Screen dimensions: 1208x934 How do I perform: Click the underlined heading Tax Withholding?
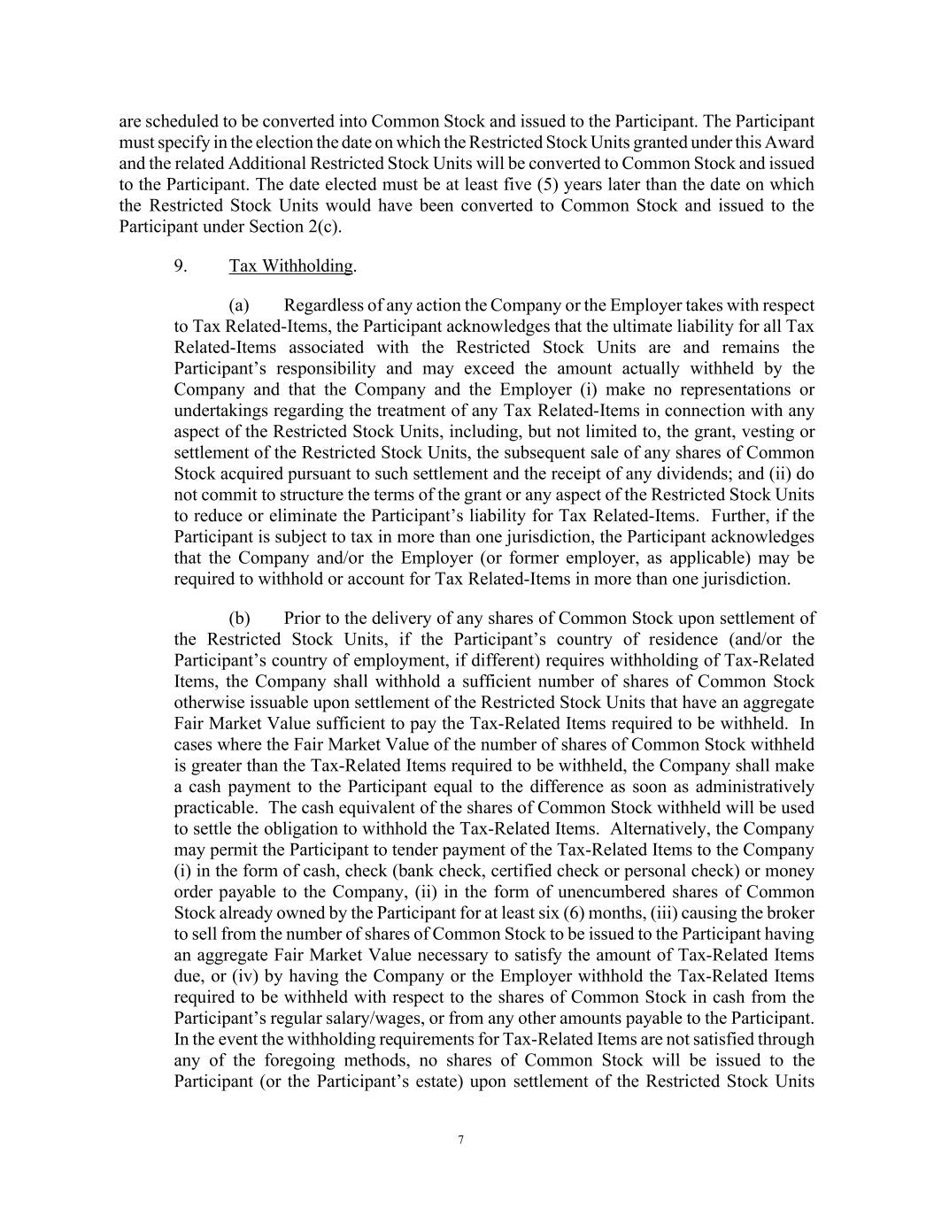tap(290, 266)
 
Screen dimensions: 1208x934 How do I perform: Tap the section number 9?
tap(181, 266)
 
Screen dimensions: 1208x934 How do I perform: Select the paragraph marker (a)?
tap(239, 305)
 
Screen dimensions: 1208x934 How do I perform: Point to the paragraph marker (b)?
tap(239, 619)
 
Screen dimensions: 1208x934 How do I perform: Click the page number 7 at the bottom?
tap(461, 1140)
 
